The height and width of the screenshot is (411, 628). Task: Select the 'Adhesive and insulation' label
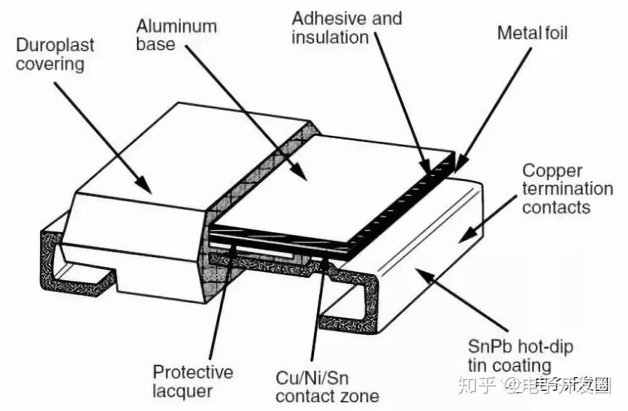(347, 27)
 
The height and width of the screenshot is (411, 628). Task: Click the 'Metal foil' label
(532, 33)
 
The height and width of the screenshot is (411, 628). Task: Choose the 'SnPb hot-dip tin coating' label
(521, 356)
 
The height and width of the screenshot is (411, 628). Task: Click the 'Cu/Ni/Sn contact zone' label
(327, 387)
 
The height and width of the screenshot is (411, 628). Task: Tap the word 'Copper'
(544, 171)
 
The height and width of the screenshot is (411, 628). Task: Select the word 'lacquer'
(183, 392)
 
